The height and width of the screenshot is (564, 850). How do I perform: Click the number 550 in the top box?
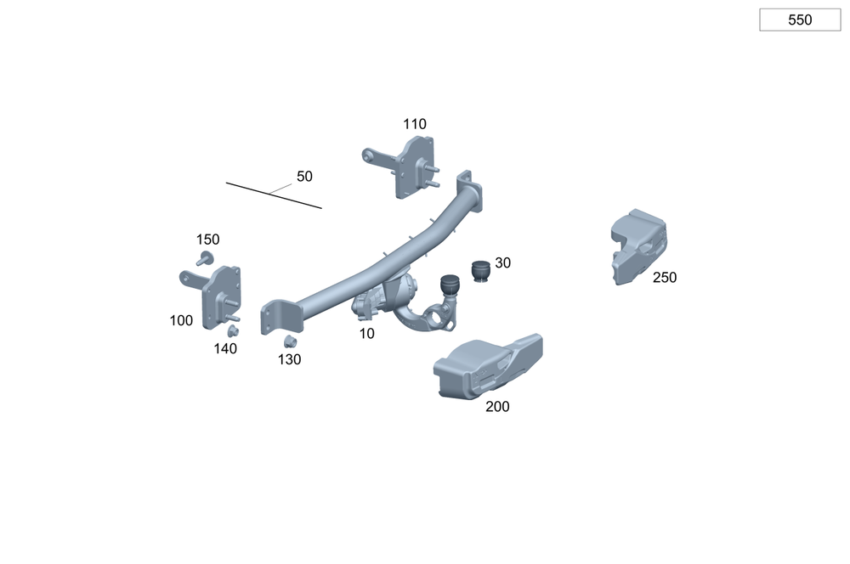800,20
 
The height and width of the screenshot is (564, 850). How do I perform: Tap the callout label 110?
414,124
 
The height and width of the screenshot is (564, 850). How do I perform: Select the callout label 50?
304,176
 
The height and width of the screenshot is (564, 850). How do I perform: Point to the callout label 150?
207,240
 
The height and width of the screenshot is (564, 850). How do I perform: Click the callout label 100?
181,321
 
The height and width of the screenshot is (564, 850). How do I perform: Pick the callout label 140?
225,349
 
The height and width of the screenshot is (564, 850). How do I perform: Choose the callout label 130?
290,360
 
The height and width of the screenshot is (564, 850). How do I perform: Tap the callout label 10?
367,334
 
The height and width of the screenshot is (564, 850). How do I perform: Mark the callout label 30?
502,262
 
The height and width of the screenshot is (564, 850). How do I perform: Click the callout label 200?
497,406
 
